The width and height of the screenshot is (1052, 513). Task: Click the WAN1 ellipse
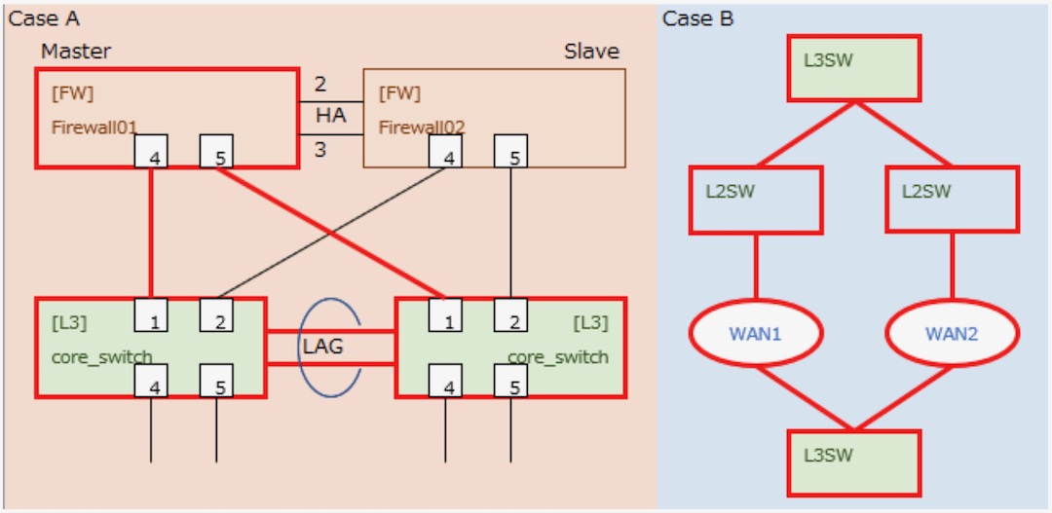click(756, 334)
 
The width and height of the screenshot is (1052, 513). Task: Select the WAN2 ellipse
click(952, 334)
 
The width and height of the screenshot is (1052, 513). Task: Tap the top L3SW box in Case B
click(853, 68)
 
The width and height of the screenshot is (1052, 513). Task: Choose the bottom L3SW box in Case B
click(853, 462)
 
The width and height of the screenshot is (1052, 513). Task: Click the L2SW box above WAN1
click(756, 200)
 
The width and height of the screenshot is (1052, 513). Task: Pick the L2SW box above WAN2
click(952, 200)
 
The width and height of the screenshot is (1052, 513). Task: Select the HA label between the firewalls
click(330, 116)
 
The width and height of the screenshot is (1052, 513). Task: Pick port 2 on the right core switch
click(510, 315)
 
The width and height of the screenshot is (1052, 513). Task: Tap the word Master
click(76, 51)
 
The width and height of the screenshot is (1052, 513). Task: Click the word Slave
click(591, 51)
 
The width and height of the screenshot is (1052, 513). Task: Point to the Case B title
click(698, 18)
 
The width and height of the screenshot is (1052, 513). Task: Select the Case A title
click(44, 18)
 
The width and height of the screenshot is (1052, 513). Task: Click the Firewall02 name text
click(421, 128)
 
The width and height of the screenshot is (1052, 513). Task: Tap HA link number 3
click(319, 149)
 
